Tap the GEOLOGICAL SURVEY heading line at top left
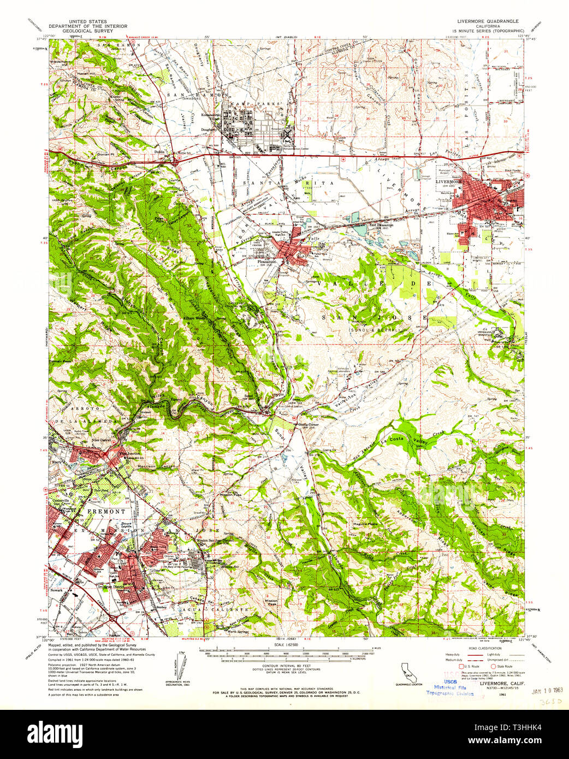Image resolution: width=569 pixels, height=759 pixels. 80,30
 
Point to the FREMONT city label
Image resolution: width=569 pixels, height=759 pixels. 106,511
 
